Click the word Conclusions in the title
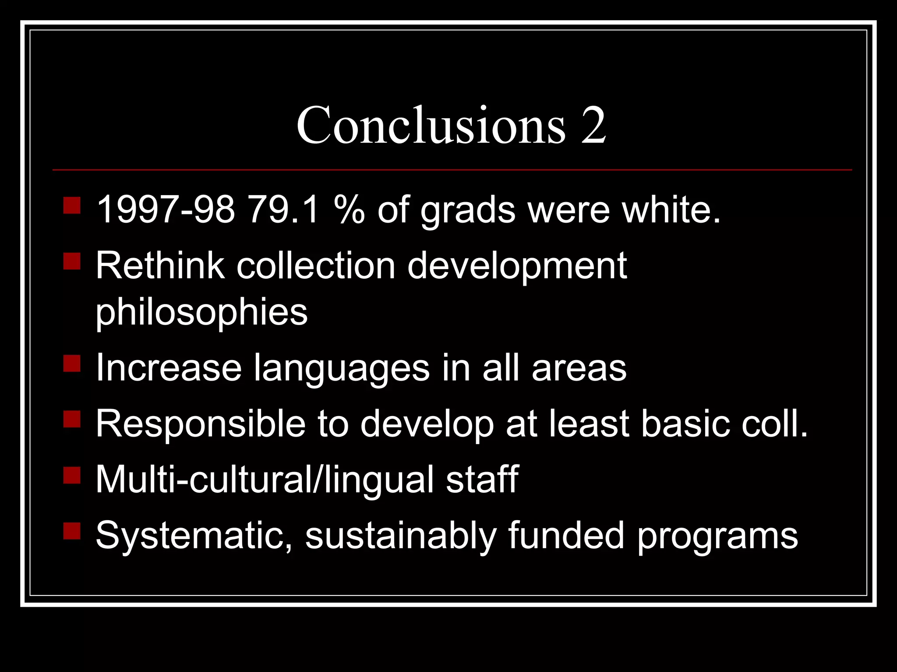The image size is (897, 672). pyautogui.click(x=431, y=125)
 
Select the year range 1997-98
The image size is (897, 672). pyautogui.click(x=166, y=210)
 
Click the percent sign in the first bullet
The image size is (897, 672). pyautogui.click(x=349, y=210)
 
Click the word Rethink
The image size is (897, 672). pyautogui.click(x=160, y=266)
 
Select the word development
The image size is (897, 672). pyautogui.click(x=517, y=266)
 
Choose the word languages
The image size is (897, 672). pyautogui.click(x=342, y=368)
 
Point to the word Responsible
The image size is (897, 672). pyautogui.click(x=201, y=423)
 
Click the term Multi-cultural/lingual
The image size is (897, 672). pyautogui.click(x=265, y=479)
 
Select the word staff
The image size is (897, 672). pyautogui.click(x=482, y=479)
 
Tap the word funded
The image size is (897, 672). pyautogui.click(x=566, y=535)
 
